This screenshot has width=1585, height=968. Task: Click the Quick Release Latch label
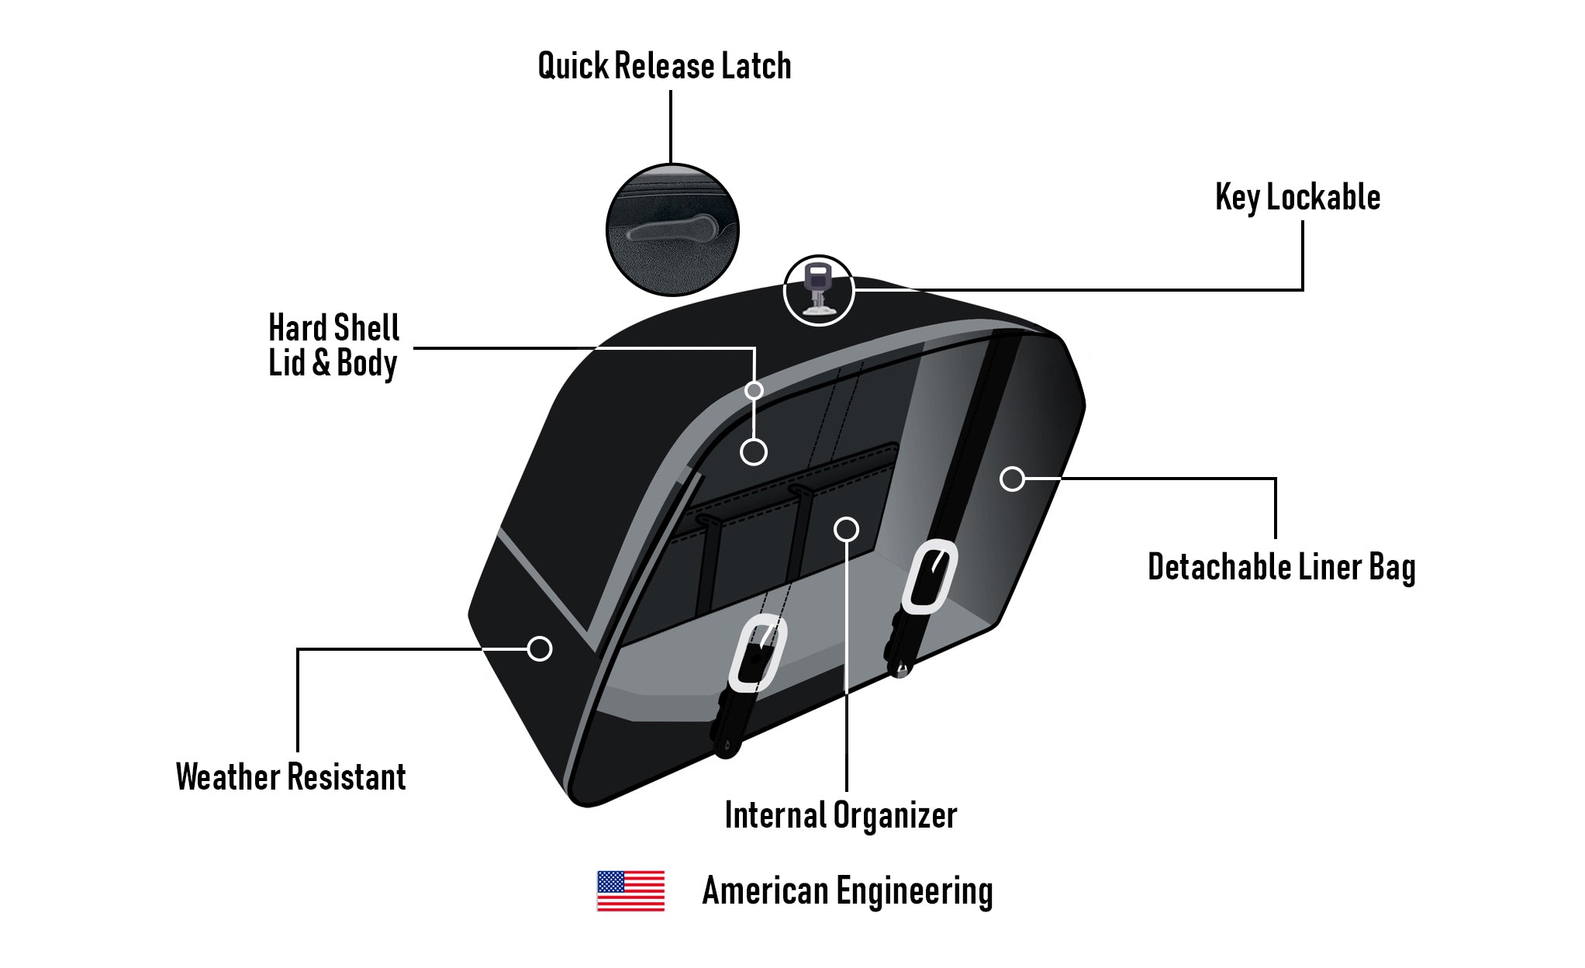665,66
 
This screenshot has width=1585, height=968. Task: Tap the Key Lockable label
1297,198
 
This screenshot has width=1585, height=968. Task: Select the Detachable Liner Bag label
1281,567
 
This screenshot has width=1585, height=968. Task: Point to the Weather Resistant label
291,776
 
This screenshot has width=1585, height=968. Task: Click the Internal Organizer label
841,815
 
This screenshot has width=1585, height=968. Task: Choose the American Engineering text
847,890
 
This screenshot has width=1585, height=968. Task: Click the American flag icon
630,890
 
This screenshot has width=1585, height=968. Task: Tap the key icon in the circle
818,289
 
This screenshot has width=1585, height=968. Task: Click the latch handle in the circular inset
672,229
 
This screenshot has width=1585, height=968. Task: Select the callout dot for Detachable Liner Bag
1012,479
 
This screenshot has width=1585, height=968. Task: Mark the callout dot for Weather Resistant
540,648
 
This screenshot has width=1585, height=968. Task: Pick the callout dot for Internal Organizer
846,529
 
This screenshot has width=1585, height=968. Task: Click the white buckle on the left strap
757,652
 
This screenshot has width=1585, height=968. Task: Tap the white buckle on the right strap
929,576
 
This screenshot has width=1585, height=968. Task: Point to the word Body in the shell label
367,363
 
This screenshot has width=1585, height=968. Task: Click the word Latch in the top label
756,66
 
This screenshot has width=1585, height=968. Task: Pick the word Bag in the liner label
1392,567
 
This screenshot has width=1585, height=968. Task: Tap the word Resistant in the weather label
347,776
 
